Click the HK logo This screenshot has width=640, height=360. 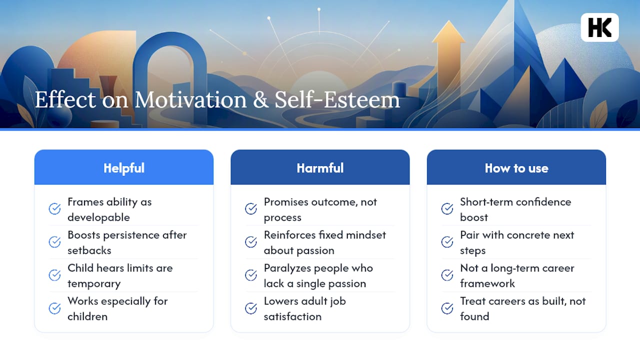tap(599, 27)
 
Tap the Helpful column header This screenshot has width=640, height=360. tap(123, 168)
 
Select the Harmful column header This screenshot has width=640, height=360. tap(320, 168)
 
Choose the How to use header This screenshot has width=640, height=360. tap(516, 168)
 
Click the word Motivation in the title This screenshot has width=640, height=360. tap(190, 100)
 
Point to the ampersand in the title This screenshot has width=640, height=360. tap(260, 100)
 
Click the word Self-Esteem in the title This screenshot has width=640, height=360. tap(337, 100)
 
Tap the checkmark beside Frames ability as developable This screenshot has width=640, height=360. tap(54, 209)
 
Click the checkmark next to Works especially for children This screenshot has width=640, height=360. tap(54, 308)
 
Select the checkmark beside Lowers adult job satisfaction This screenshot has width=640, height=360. tap(251, 308)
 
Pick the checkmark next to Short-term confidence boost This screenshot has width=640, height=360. tap(447, 209)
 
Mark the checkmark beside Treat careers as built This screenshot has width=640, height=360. tap(447, 308)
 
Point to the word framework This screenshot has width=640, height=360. tap(487, 283)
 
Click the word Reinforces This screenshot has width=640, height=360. tap(289, 235)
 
